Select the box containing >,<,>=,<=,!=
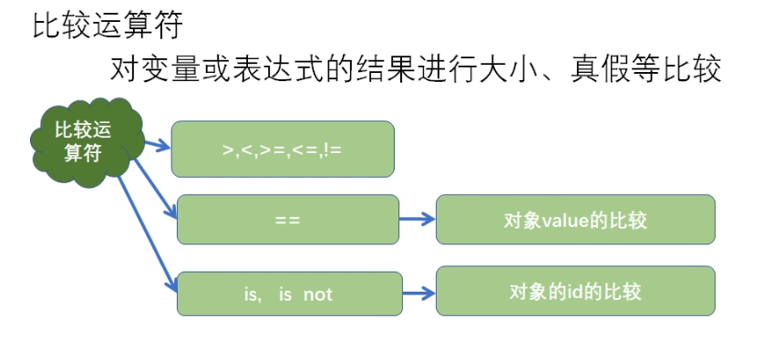pyautogui.click(x=283, y=149)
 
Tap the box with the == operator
pyautogui.click(x=287, y=220)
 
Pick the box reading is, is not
pyautogui.click(x=289, y=294)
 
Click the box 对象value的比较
pyautogui.click(x=575, y=220)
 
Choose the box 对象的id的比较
pyautogui.click(x=575, y=292)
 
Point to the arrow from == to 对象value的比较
pyautogui.click(x=417, y=220)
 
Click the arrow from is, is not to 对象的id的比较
pyautogui.click(x=418, y=293)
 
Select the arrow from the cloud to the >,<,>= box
pyautogui.click(x=156, y=144)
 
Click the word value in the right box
pyautogui.click(x=560, y=220)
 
